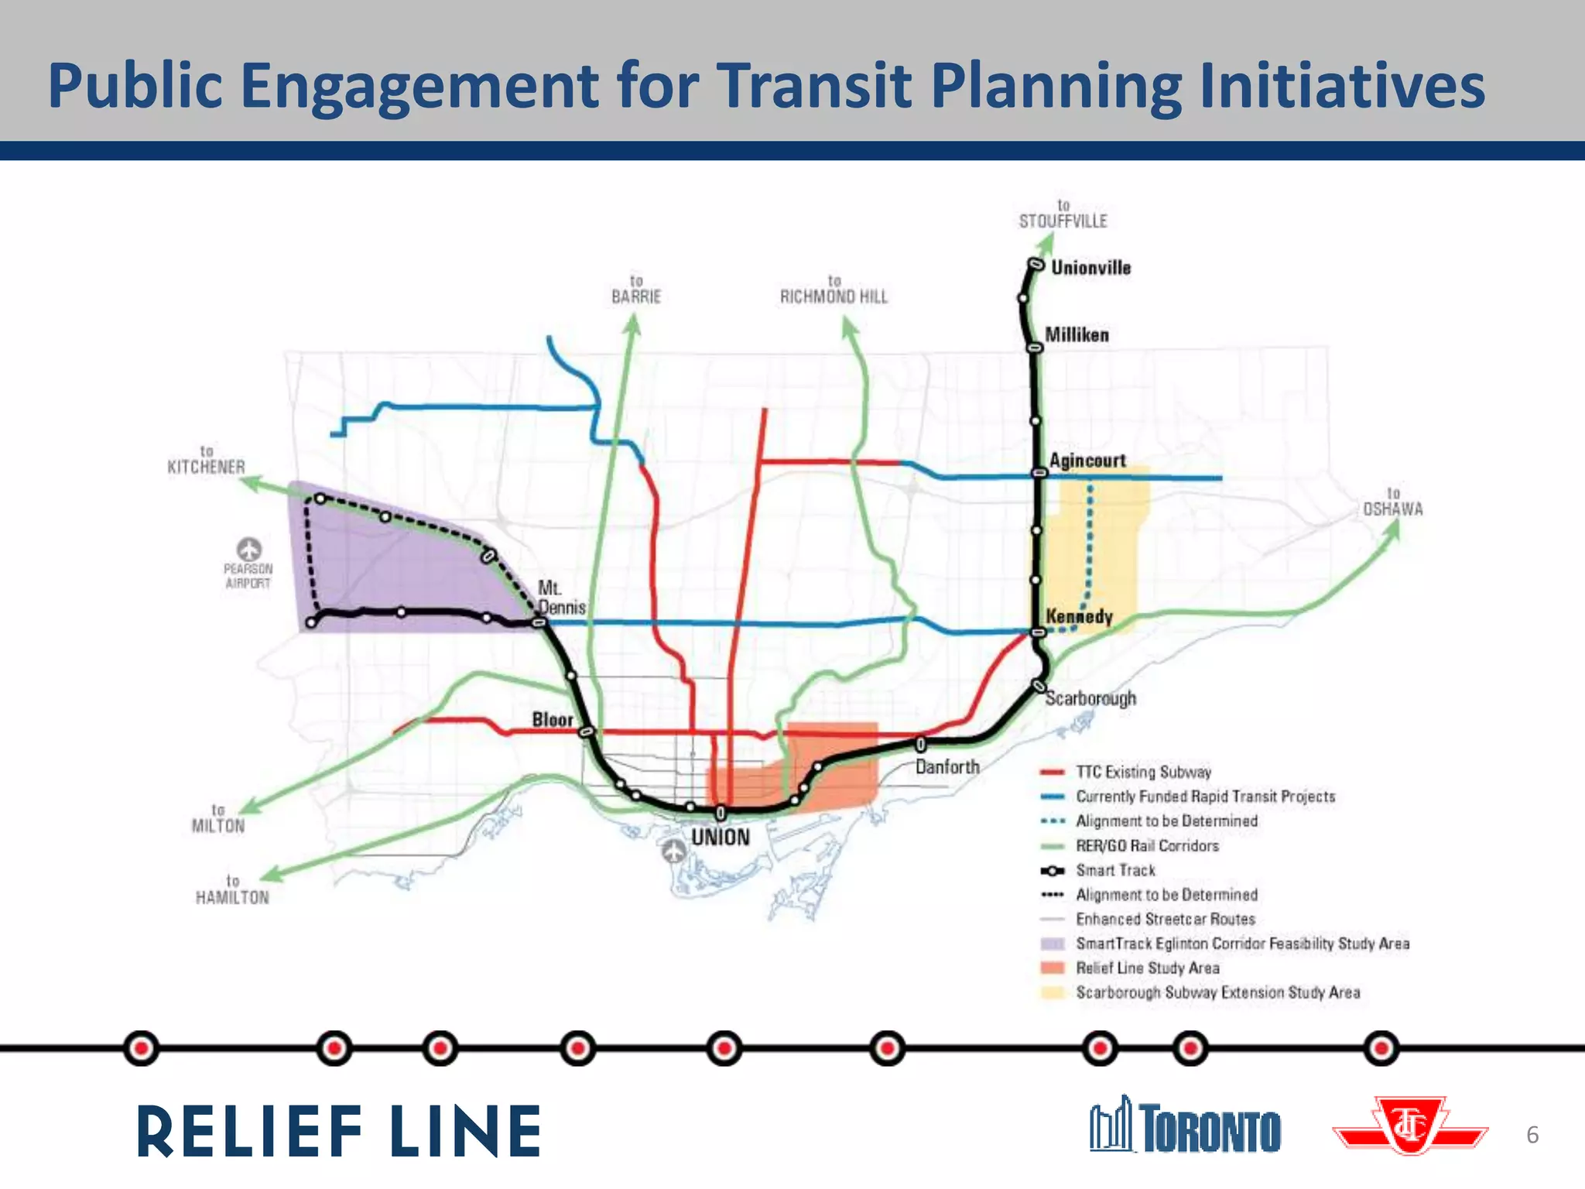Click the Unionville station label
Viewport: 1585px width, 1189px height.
point(1090,268)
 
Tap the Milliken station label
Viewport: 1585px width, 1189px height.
point(1077,335)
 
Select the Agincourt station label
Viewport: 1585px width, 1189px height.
point(1087,461)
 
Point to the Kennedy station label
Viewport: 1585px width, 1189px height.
point(1079,617)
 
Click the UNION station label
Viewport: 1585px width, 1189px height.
point(720,838)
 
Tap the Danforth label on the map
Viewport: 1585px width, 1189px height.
point(947,767)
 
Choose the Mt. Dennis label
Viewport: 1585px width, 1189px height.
point(561,598)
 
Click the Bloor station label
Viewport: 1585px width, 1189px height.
point(553,720)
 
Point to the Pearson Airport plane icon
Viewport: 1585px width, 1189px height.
point(248,550)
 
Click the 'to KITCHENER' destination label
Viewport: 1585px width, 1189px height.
point(206,460)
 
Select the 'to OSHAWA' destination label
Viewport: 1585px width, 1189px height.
point(1393,502)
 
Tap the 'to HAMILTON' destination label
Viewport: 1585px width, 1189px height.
point(232,890)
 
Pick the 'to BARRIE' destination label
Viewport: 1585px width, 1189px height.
point(636,290)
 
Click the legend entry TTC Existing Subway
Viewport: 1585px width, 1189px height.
point(1143,772)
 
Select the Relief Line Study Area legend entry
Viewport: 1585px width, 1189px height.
point(1147,968)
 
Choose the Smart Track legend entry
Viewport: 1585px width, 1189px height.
point(1115,871)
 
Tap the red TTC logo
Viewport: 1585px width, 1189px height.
point(1410,1126)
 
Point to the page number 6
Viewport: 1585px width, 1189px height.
point(1532,1135)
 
